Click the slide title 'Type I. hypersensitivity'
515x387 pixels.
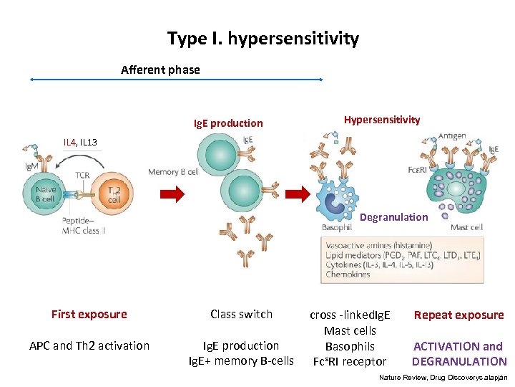263,39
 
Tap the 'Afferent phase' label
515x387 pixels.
160,70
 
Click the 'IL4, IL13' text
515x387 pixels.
80,142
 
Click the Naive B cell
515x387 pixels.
46,193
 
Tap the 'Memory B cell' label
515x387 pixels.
172,172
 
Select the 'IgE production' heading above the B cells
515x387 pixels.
228,123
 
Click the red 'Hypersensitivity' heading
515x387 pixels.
381,120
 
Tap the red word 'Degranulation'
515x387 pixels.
393,217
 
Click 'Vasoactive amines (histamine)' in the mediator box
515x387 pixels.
379,245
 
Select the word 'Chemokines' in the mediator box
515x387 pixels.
349,274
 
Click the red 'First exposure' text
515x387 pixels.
89,314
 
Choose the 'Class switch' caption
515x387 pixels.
241,314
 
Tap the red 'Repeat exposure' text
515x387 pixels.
458,315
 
